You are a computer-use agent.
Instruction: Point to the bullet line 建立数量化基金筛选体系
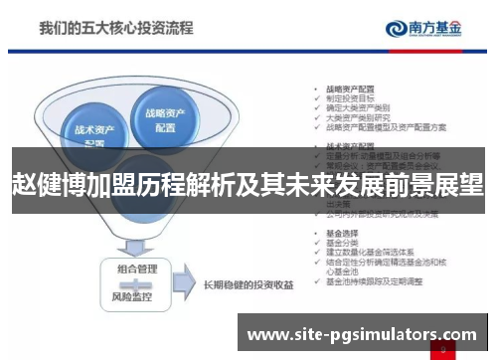point(369,252)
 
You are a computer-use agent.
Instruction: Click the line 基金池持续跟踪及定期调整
point(374,282)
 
